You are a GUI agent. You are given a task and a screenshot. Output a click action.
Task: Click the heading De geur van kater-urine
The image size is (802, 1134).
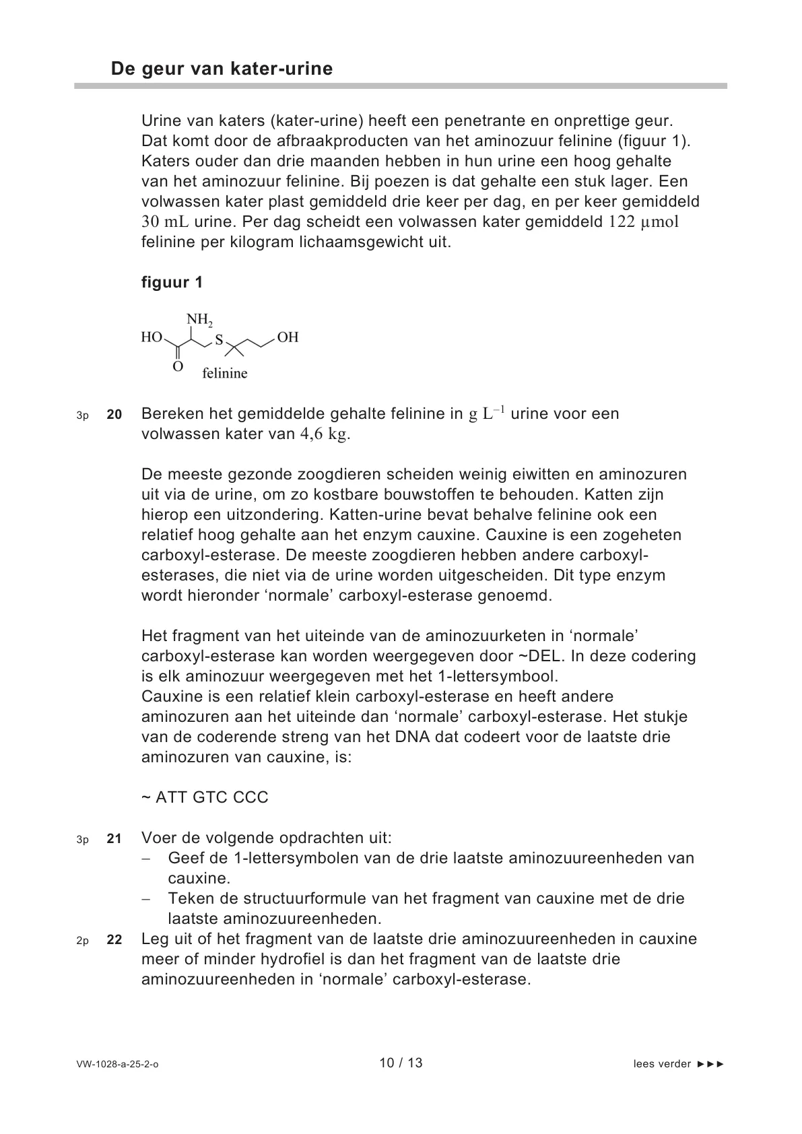click(222, 69)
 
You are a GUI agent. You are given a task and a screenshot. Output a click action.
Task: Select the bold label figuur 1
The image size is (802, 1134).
click(172, 282)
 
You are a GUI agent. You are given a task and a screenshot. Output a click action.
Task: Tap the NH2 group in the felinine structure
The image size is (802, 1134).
click(199, 319)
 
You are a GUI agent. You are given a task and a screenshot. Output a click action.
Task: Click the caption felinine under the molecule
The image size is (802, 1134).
click(225, 373)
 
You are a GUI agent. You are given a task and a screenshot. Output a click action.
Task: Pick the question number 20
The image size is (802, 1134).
click(114, 415)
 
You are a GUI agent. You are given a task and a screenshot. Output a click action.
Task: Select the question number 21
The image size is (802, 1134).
click(114, 839)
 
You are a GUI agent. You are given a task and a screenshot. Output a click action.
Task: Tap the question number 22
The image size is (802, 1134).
click(114, 940)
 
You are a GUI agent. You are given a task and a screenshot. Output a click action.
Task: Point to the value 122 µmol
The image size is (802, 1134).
click(644, 222)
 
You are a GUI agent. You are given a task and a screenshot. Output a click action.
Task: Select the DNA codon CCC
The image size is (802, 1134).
click(250, 797)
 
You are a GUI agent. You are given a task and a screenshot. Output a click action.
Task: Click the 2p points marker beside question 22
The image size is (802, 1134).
click(82, 941)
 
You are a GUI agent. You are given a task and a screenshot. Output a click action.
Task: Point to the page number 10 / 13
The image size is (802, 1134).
click(401, 1063)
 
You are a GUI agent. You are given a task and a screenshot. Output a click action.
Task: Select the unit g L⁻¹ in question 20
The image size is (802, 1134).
click(487, 413)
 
